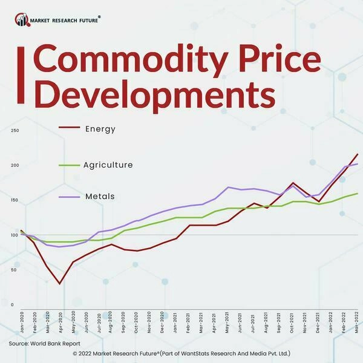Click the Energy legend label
100,129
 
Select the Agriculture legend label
108,165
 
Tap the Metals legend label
100,197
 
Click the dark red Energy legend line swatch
69,128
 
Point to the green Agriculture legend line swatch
69,165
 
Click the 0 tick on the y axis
12,304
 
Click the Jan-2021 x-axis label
176,324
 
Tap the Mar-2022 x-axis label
358,324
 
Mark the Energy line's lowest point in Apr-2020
59,283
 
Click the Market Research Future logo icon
22,21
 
